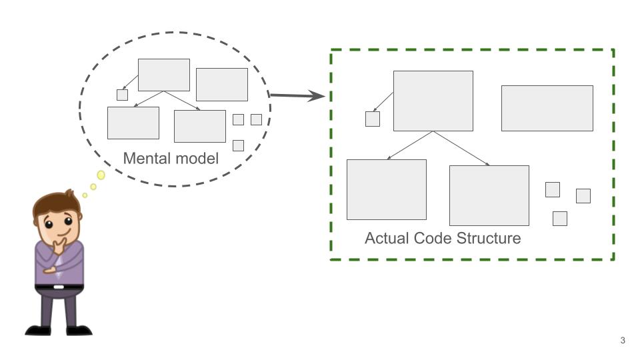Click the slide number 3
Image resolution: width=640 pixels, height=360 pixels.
click(x=623, y=341)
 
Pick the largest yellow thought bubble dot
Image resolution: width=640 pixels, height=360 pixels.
click(x=101, y=175)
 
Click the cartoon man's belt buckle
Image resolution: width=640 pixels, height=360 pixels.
click(x=59, y=287)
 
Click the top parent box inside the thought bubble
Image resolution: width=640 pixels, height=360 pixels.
click(x=163, y=75)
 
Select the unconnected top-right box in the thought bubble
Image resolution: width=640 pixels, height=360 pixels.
click(x=221, y=85)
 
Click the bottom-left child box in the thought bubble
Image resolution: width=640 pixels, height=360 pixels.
click(x=133, y=123)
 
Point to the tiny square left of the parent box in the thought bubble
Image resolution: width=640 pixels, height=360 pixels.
click(x=122, y=95)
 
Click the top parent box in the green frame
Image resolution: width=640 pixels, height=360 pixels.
click(x=433, y=101)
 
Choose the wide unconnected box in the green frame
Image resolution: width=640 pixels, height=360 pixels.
click(x=547, y=108)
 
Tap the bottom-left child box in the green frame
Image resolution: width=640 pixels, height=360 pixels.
click(x=386, y=189)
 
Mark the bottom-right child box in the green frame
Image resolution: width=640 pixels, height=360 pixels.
click(x=489, y=195)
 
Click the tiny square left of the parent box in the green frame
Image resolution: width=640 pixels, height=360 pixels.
click(x=373, y=119)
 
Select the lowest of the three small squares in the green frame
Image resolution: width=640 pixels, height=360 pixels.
click(x=560, y=219)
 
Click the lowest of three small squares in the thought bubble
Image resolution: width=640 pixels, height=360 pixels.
click(x=238, y=145)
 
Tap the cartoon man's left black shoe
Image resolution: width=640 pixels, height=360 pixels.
click(x=39, y=329)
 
